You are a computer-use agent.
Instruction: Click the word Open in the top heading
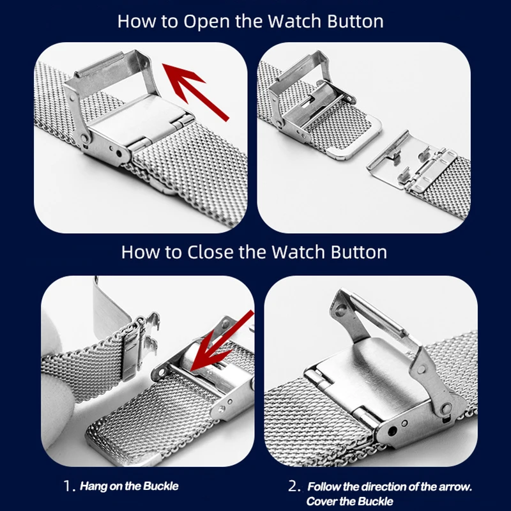207,22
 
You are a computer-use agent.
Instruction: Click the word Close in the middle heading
211,252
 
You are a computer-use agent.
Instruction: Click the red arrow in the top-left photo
196,92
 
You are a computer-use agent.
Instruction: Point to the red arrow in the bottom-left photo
222,341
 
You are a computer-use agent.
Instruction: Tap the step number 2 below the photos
294,486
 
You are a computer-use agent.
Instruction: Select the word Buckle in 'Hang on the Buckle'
161,486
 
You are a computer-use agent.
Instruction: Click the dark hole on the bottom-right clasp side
393,432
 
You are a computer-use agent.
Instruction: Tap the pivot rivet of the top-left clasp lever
84,139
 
